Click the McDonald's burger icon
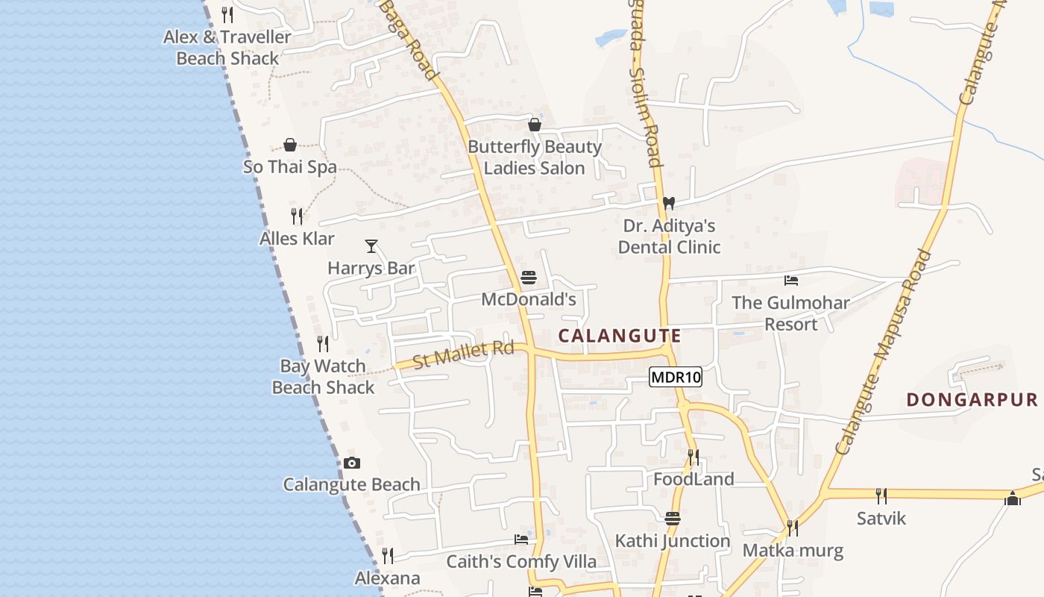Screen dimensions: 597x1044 [x=529, y=278]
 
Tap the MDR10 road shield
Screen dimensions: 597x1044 [x=676, y=377]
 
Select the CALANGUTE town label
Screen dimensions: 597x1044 [x=620, y=336]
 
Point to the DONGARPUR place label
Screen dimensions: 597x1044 [x=972, y=400]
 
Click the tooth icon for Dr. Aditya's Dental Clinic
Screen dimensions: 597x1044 [x=669, y=203]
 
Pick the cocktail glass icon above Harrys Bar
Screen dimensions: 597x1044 [x=371, y=246]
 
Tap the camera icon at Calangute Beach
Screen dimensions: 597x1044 [x=352, y=463]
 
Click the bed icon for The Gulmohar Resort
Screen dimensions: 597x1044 [x=791, y=281]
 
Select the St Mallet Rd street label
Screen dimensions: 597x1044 [x=463, y=354]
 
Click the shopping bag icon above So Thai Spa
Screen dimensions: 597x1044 [x=290, y=145]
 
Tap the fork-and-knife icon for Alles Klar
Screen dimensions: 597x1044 [x=297, y=216]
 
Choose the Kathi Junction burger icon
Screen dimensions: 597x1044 [x=673, y=519]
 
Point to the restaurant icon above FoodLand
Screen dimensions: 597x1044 [x=693, y=456]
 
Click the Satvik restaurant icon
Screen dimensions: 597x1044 [x=881, y=496]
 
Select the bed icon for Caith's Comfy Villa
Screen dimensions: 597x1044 [x=521, y=540]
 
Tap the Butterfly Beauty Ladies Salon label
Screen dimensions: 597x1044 [x=534, y=157]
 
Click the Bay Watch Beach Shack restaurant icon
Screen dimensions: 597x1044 [x=323, y=344]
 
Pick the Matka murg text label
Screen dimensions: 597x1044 [x=793, y=551]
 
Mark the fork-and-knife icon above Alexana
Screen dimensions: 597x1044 [x=387, y=556]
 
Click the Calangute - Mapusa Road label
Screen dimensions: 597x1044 [x=884, y=352]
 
